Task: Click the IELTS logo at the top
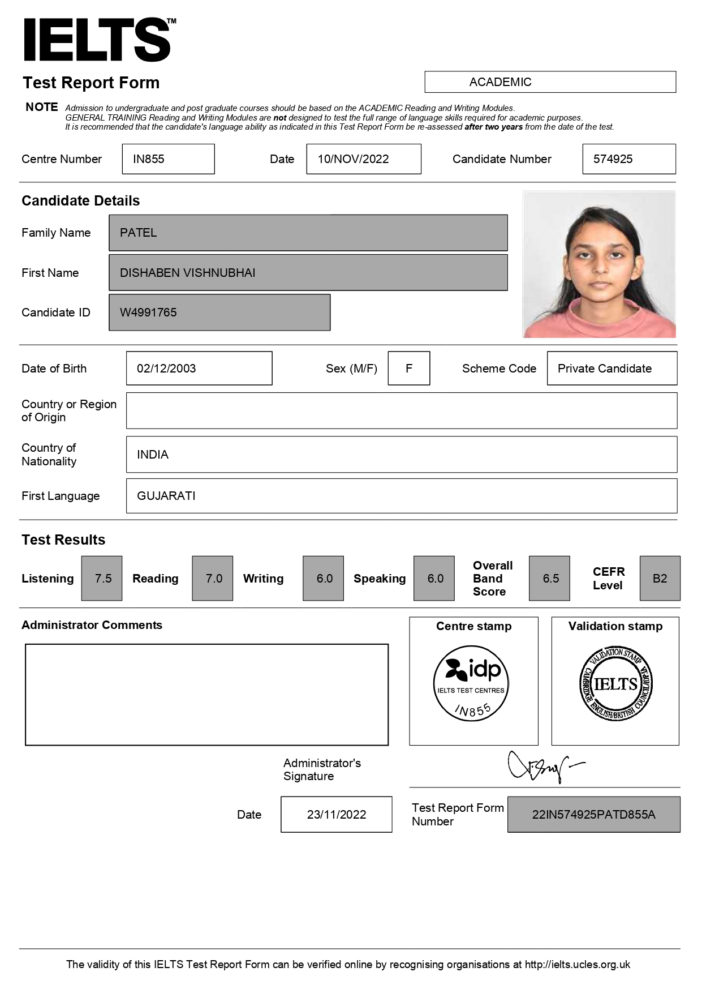[x=97, y=40]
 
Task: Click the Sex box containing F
[x=408, y=369]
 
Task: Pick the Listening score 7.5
[x=102, y=579]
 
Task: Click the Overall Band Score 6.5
[x=550, y=579]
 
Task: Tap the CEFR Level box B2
[x=660, y=579]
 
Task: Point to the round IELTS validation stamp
[x=615, y=684]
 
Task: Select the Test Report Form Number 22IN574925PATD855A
[x=593, y=815]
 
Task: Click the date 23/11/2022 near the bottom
[x=336, y=815]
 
